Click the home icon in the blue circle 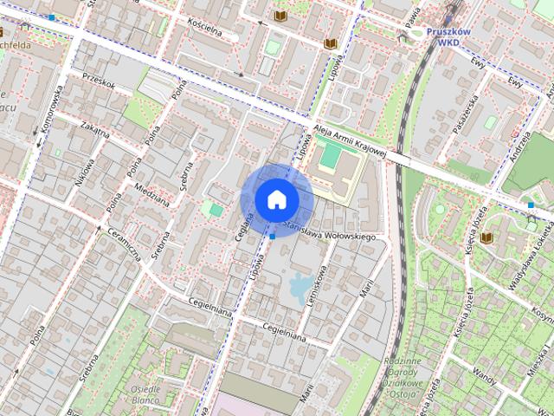tap(276, 199)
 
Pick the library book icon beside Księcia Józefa tap(487, 237)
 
